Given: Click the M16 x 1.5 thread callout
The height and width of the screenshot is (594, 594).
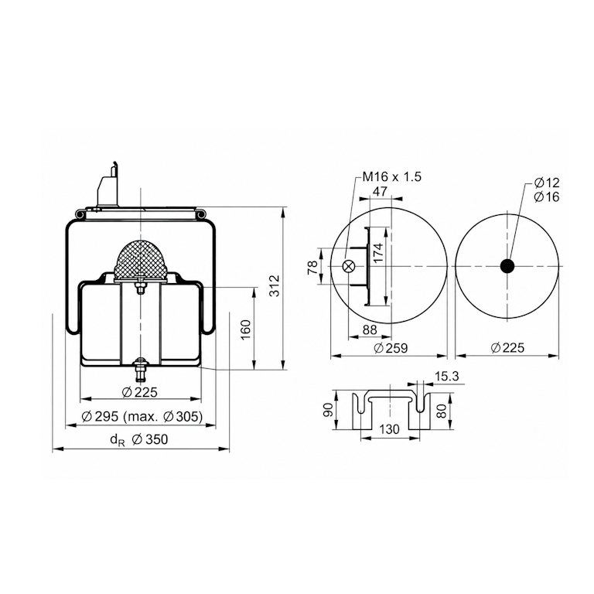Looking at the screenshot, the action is (x=391, y=177).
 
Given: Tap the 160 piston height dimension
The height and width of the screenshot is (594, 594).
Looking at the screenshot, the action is (x=246, y=330).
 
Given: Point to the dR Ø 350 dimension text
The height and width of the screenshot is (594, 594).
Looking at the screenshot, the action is (x=138, y=439).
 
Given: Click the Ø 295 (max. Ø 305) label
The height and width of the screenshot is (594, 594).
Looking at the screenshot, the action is (x=142, y=416).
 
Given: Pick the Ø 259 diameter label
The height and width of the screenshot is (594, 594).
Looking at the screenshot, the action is (x=391, y=348).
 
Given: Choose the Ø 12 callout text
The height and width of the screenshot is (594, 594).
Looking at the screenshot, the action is (x=547, y=183).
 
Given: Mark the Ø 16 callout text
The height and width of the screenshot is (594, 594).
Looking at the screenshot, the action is (x=547, y=197).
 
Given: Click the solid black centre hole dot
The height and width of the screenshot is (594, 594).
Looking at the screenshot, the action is (x=507, y=266).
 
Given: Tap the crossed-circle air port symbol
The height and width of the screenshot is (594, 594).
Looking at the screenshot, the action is (x=348, y=266).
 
